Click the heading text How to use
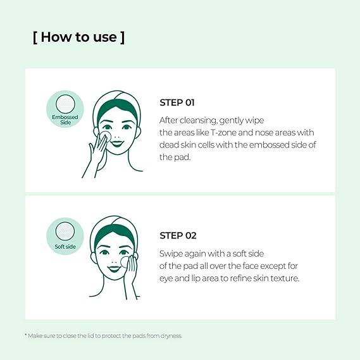point(78,37)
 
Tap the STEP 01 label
point(177,102)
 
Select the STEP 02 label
point(178,235)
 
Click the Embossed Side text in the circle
point(65,120)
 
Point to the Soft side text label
point(65,247)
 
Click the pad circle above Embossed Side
point(65,104)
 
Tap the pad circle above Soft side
point(65,231)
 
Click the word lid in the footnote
point(90,336)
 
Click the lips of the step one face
point(117,144)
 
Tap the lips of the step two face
point(114,269)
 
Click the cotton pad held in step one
point(106,136)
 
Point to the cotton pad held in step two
point(125,262)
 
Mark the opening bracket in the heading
point(35,37)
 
